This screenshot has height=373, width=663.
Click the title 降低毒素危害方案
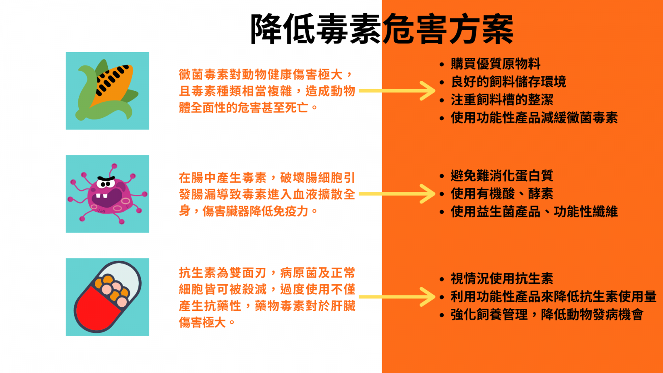382,29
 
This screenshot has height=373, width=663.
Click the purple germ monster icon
107,194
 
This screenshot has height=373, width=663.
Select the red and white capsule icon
107,297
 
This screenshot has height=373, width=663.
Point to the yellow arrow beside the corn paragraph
397,91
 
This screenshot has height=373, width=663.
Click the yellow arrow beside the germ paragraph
397,194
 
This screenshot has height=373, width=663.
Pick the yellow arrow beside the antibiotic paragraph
397,297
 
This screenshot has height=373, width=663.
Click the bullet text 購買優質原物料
496,64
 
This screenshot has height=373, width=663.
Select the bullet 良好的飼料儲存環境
508,82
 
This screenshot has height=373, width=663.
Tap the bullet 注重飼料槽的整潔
502,100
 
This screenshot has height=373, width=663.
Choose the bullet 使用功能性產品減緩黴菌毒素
534,118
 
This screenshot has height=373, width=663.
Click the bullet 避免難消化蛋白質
502,176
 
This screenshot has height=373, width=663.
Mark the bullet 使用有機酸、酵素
502,194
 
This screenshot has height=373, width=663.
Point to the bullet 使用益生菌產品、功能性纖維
534,212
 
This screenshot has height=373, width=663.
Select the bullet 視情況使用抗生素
502,279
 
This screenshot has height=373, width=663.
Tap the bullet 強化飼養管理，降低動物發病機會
547,315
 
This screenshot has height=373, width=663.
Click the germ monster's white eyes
106,184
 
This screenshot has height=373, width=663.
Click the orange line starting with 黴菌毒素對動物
266,75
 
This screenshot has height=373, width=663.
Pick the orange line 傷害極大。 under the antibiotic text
207,322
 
